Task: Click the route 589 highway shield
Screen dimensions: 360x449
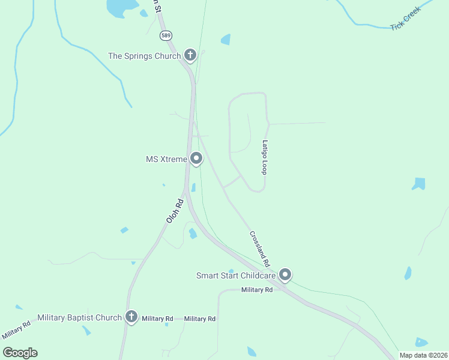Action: (x=166, y=35)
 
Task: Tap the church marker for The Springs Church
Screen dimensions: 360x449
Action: (x=190, y=56)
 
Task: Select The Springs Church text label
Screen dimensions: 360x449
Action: (x=144, y=56)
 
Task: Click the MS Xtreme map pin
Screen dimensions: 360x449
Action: (x=196, y=159)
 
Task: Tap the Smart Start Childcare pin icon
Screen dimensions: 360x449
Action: (x=285, y=275)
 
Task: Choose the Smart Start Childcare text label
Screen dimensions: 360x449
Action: (x=236, y=276)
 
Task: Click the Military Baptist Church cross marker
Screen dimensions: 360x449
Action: (x=131, y=317)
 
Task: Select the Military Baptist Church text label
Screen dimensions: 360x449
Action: (x=79, y=317)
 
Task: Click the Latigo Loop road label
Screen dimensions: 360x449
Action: (x=264, y=157)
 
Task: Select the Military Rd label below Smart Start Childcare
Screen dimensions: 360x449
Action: (x=257, y=290)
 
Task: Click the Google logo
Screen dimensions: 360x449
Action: (x=20, y=353)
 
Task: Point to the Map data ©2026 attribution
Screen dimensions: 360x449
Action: (x=423, y=355)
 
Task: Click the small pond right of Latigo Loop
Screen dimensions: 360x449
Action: (x=419, y=184)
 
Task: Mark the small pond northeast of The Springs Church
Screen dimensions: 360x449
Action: (x=226, y=40)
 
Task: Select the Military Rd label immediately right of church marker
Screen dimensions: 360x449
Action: (x=157, y=319)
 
